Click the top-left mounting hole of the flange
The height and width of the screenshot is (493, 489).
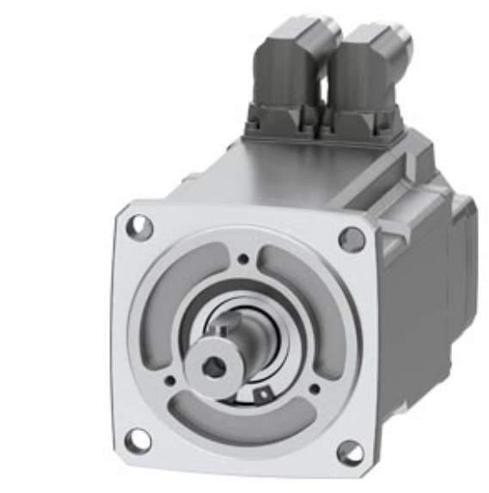pos(139,228)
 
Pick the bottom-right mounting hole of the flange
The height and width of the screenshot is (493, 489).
pos(349,452)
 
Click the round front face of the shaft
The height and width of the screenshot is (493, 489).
pos(211,366)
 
